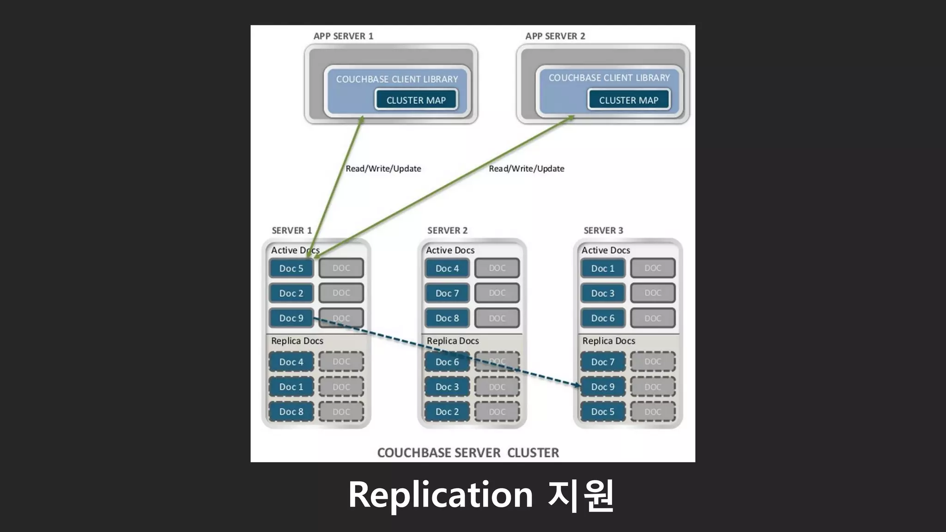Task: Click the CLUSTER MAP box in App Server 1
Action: pyautogui.click(x=416, y=100)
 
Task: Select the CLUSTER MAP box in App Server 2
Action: pyautogui.click(x=628, y=100)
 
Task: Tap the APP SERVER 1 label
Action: pyautogui.click(x=343, y=36)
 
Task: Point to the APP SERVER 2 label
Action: pyautogui.click(x=555, y=36)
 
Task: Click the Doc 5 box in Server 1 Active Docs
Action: pyautogui.click(x=291, y=268)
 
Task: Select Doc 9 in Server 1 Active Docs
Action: pyautogui.click(x=291, y=318)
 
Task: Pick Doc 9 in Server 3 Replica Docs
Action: pyautogui.click(x=603, y=387)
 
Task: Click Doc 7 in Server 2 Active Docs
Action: pyautogui.click(x=447, y=293)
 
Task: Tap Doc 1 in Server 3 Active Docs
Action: pyautogui.click(x=603, y=268)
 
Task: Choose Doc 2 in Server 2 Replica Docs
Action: pyautogui.click(x=447, y=411)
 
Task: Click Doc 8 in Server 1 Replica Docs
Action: pyautogui.click(x=291, y=411)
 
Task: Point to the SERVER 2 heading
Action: pyautogui.click(x=447, y=230)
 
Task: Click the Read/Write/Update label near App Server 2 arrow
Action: pyautogui.click(x=527, y=169)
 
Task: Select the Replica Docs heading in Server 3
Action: pyautogui.click(x=608, y=341)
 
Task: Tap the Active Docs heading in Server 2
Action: pyautogui.click(x=450, y=250)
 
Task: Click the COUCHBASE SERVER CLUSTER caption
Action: pyautogui.click(x=468, y=453)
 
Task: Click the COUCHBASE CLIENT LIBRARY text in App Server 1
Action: pyautogui.click(x=397, y=79)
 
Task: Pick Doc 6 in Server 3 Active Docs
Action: pyautogui.click(x=603, y=318)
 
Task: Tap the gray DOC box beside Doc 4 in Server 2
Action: pyautogui.click(x=497, y=268)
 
